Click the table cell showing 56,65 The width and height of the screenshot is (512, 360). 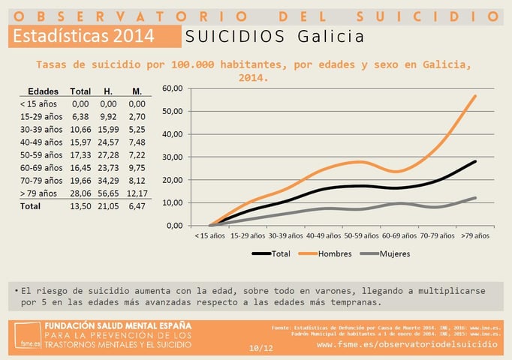pos(108,193)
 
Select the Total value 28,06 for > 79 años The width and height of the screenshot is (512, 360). pos(80,193)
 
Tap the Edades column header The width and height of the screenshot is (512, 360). pos(38,91)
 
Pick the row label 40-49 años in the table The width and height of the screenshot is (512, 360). pos(41,142)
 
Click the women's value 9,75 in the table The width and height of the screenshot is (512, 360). pos(136,167)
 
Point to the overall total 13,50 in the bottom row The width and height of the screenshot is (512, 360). pos(80,205)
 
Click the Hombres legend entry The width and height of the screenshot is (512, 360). pos(324,253)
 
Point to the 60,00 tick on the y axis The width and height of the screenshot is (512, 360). pos(172,88)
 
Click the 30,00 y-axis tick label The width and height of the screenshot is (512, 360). pos(172,157)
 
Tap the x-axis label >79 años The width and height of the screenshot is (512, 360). pos(475,235)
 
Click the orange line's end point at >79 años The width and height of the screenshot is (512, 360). pos(475,96)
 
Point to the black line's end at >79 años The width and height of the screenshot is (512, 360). pos(475,161)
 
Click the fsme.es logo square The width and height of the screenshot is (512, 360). pos(28,336)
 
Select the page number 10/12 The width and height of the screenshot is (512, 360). pos(261,348)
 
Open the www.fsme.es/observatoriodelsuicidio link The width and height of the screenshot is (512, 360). pos(407,343)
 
